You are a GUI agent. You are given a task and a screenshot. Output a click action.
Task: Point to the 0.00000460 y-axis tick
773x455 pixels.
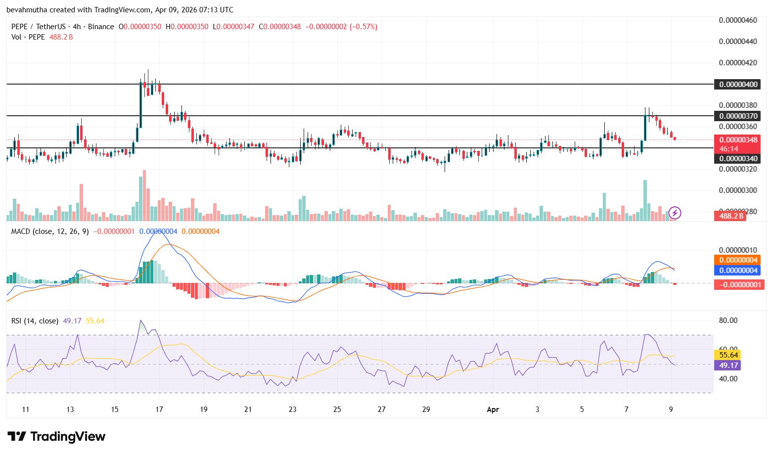click(737, 20)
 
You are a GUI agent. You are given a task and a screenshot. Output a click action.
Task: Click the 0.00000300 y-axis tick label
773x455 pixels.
click(737, 190)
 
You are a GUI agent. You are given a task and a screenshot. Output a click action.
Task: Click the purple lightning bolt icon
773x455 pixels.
click(675, 213)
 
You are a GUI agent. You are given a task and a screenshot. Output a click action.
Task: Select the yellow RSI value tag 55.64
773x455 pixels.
click(728, 355)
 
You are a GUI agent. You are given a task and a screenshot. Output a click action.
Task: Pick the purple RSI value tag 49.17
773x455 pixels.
click(728, 365)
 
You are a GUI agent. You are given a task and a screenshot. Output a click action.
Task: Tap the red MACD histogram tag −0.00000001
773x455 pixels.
click(739, 284)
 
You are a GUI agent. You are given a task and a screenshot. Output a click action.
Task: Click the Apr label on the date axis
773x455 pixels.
click(493, 409)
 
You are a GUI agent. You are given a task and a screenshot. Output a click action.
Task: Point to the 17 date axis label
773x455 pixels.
click(159, 409)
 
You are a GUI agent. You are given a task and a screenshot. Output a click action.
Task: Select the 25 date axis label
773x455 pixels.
click(337, 409)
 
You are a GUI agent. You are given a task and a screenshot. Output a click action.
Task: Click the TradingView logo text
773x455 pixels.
click(68, 437)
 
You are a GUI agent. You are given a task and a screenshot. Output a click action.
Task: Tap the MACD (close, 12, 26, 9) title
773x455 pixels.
click(50, 231)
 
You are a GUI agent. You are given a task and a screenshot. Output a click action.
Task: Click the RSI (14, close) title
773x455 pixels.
click(35, 321)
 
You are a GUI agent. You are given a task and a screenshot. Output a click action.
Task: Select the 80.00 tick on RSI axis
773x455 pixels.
click(728, 320)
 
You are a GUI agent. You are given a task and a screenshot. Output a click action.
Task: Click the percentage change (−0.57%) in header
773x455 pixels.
click(364, 27)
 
